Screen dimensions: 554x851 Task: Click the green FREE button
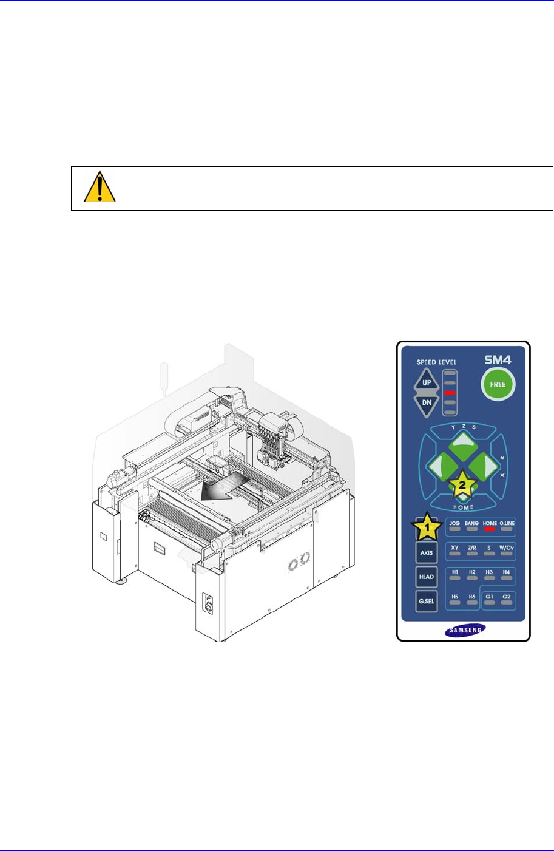(x=498, y=384)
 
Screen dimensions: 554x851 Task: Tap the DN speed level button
(x=427, y=404)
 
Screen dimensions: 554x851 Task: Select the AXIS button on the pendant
(x=427, y=553)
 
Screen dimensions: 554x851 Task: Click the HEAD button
(x=427, y=577)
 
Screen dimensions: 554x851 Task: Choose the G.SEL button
(x=427, y=602)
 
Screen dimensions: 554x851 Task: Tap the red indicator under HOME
(x=490, y=529)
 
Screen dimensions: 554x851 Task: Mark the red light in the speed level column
(x=450, y=393)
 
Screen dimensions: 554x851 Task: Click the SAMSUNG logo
(x=465, y=630)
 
